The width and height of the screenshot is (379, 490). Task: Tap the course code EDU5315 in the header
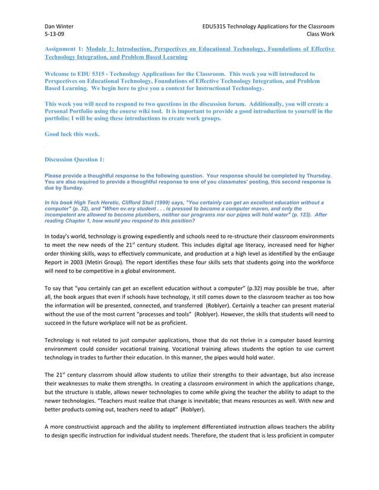[216, 26]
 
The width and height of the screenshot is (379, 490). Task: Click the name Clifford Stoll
[143, 202]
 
